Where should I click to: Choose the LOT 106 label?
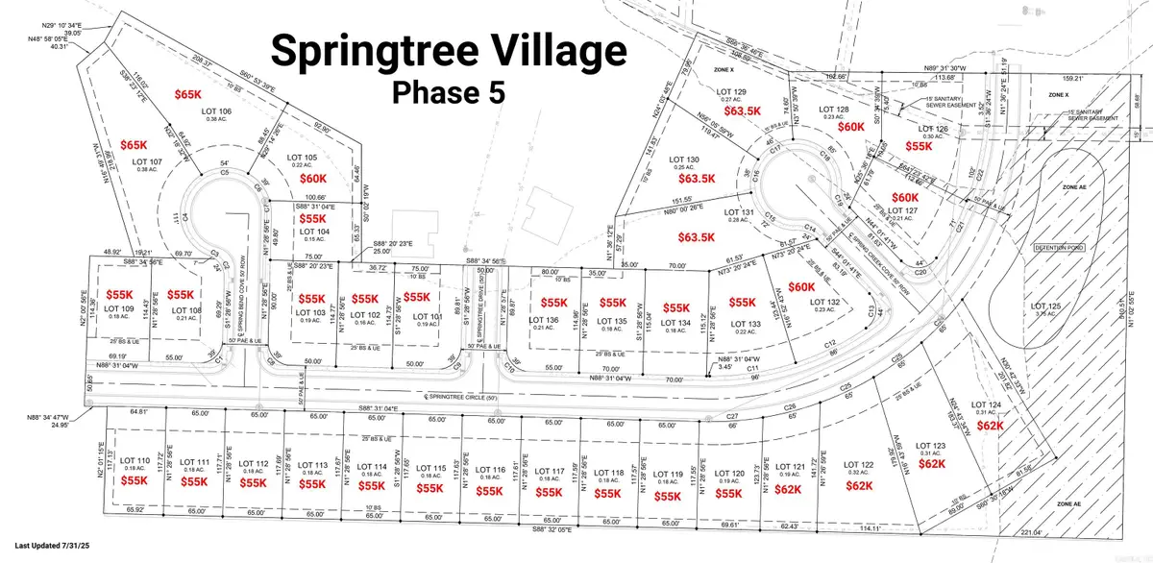[217, 111]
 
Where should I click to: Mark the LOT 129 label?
[733, 91]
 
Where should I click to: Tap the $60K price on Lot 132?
[800, 287]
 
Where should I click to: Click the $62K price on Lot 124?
[989, 425]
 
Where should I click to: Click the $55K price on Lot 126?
[920, 146]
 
